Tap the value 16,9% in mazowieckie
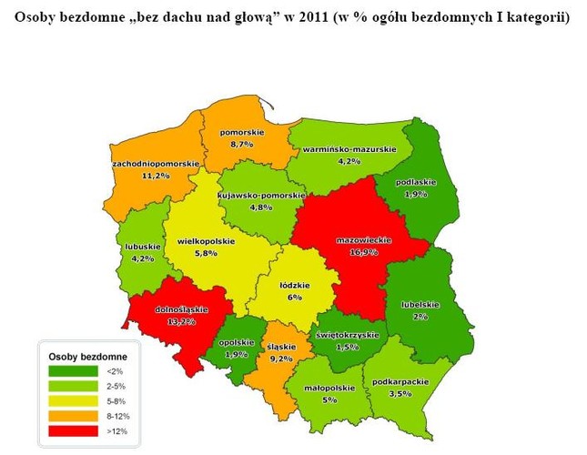coord(364,252)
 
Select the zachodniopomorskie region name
coord(156,163)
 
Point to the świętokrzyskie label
coord(346,335)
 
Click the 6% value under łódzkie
coord(294,297)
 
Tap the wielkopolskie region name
coord(206,241)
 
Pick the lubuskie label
coord(143,247)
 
